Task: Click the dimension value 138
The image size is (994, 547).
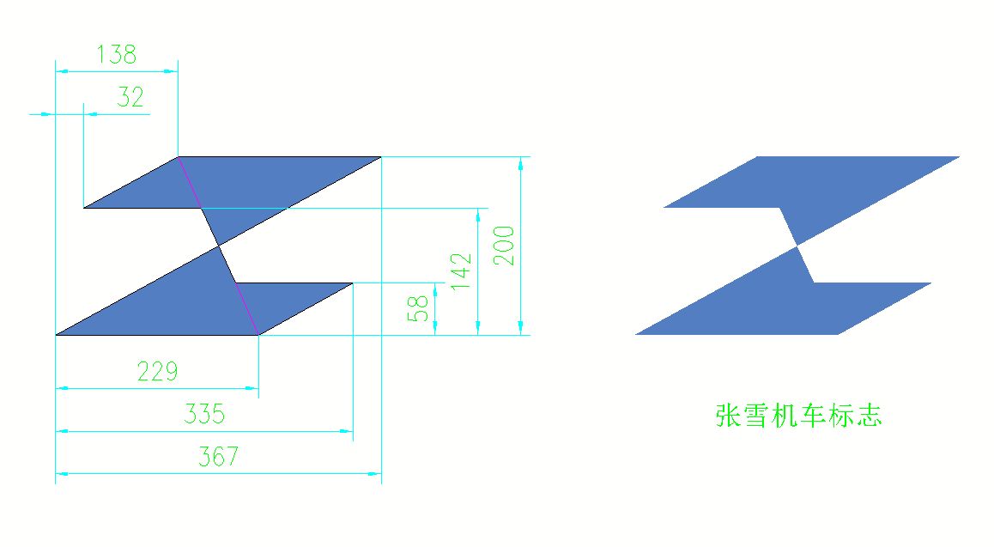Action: (x=117, y=54)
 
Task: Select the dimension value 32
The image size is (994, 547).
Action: (x=130, y=97)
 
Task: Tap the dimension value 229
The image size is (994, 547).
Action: (x=158, y=372)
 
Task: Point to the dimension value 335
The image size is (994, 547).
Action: (x=205, y=414)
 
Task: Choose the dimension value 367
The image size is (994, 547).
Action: (x=219, y=456)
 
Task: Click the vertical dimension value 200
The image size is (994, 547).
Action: (x=505, y=246)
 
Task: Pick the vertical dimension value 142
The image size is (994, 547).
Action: (x=462, y=272)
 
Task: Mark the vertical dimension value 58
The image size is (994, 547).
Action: (x=418, y=308)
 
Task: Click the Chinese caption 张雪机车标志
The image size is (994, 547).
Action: (x=799, y=416)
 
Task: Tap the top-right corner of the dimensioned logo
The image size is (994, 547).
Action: (x=381, y=156)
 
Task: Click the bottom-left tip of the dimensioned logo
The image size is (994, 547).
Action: (x=57, y=335)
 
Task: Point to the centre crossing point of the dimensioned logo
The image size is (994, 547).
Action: (x=219, y=246)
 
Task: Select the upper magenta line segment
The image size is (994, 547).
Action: (x=190, y=183)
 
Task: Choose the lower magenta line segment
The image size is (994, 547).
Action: (x=247, y=308)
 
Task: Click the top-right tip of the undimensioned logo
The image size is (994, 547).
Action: (x=959, y=156)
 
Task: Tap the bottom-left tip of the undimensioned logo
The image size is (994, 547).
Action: (x=636, y=334)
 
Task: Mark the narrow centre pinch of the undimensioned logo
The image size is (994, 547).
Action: (x=797, y=246)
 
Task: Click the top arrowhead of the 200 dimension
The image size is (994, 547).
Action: (x=520, y=163)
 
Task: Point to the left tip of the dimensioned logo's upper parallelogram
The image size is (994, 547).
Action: (x=84, y=207)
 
